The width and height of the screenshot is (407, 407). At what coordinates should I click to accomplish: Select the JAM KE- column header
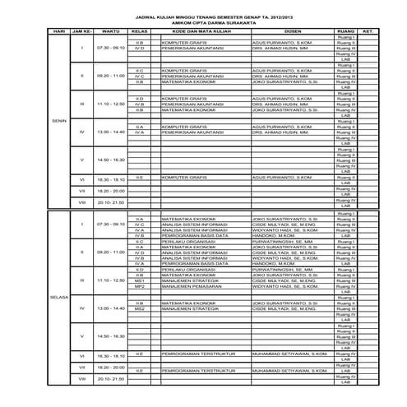pos(81,32)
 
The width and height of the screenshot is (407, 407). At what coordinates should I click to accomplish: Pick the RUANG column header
pos(346,32)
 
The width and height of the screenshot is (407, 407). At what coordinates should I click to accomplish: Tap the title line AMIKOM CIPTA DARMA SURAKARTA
pos(203,24)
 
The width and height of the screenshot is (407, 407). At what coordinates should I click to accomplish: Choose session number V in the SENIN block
pos(81,160)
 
